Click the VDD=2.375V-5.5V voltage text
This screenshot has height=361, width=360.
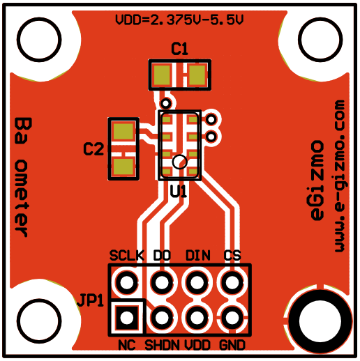(179, 20)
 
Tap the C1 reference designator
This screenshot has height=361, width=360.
(179, 49)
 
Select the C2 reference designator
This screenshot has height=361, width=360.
(93, 149)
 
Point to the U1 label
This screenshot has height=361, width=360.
(179, 192)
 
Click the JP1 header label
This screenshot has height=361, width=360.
(91, 300)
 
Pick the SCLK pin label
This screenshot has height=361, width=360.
(127, 256)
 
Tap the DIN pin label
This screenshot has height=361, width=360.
(198, 256)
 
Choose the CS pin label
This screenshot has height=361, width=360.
(232, 256)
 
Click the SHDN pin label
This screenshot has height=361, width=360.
(162, 345)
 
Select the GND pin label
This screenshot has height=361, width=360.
(232, 345)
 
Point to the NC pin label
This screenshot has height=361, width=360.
(127, 345)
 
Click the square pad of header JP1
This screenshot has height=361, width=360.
(127, 317)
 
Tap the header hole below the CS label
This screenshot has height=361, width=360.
(232, 282)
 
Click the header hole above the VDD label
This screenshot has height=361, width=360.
(197, 317)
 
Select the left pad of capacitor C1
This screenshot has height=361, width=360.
(162, 75)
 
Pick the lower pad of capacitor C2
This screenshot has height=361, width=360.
(123, 167)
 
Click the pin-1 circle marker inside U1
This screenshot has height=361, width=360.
(180, 162)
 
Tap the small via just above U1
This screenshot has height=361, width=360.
(165, 103)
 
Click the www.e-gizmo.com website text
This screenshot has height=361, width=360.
(340, 176)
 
